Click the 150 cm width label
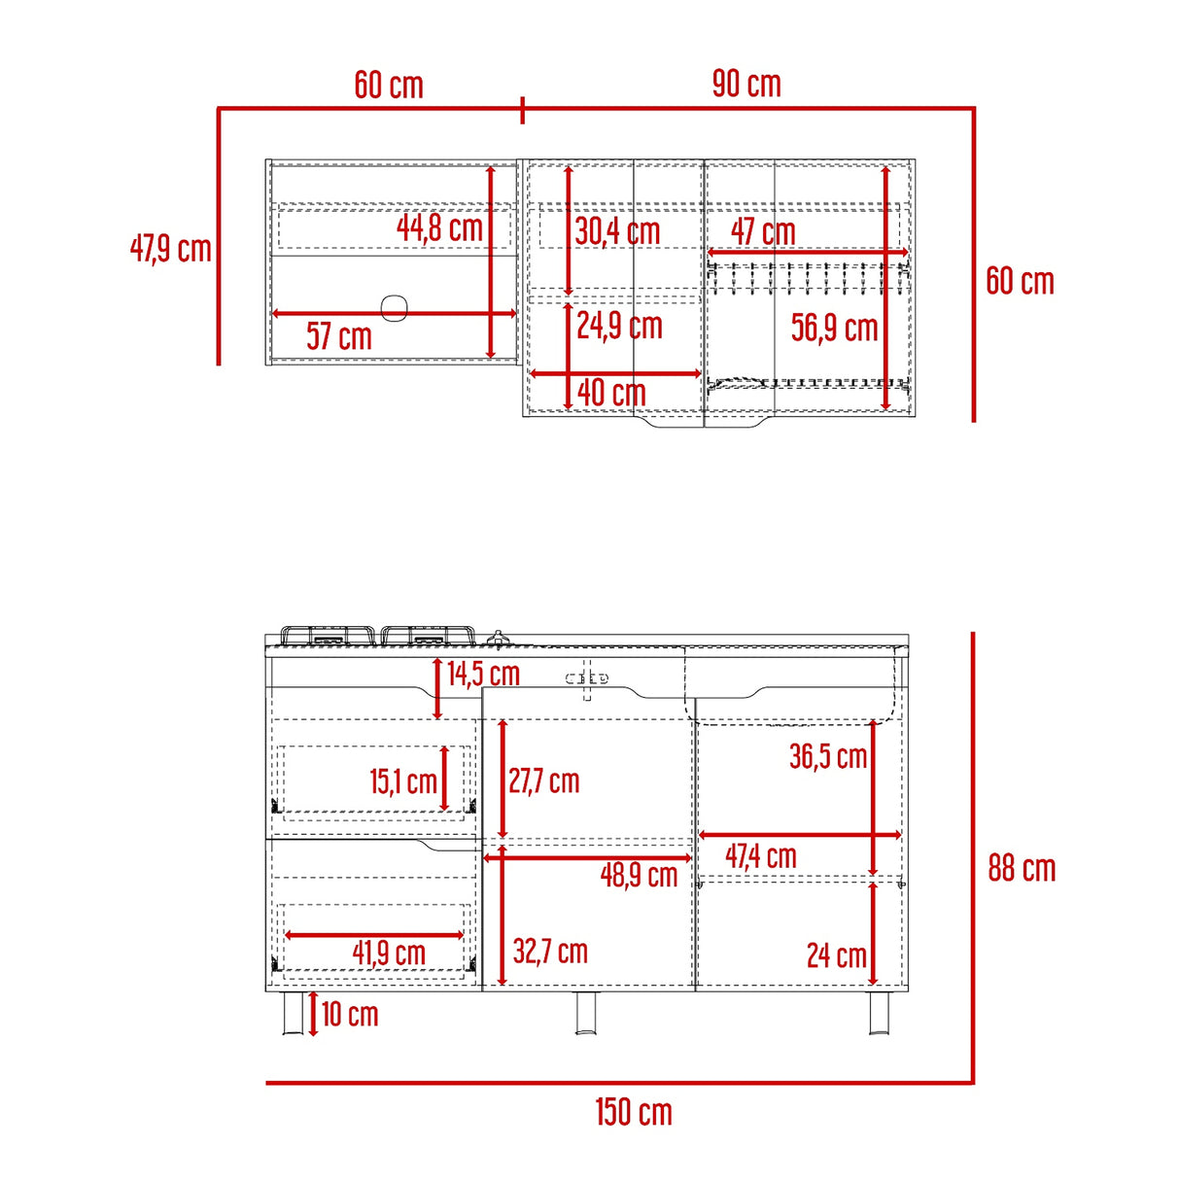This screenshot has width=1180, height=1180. pos(634,1112)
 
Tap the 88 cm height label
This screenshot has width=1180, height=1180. pos(1022,868)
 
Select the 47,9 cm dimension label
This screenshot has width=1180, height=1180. pos(171,249)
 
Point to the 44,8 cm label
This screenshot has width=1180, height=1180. pos(439,228)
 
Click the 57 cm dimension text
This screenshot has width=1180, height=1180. pos(339,337)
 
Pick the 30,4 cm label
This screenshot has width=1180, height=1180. pos(617,231)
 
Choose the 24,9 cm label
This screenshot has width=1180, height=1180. pos(619,326)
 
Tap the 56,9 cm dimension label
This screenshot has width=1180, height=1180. pos(834,328)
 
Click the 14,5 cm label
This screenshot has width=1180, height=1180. pos(483,673)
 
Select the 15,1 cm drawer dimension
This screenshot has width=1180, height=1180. pos(403,781)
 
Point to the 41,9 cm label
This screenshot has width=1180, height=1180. pos(389,953)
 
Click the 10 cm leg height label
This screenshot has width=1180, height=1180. pos(350,1015)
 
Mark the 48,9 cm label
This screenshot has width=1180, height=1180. pos(639,875)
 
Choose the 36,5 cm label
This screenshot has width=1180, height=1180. pos(828,756)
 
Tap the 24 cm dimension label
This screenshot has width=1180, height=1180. pos(836,955)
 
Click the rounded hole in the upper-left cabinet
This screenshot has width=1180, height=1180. pos(395,307)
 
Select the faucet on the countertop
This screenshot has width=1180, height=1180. pos(499,640)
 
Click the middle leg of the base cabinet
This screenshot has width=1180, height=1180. pos(587,1013)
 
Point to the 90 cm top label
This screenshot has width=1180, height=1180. pos(746,85)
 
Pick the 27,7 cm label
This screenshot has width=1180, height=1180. pos(543,781)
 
